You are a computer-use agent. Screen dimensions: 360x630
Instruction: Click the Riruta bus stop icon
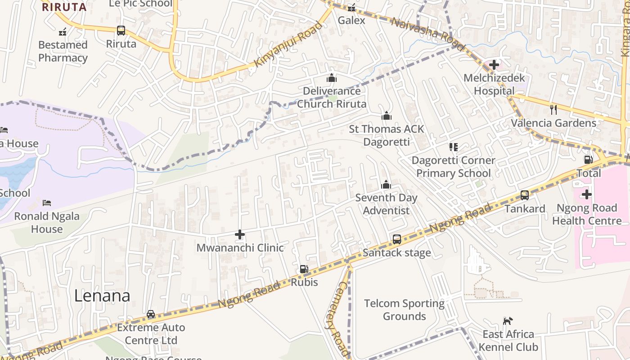[x=121, y=31]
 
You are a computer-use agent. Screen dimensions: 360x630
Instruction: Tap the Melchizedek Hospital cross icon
[x=494, y=65]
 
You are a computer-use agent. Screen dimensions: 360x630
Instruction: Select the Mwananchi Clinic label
[x=240, y=247]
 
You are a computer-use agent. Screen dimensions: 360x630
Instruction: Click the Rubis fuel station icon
[x=304, y=269]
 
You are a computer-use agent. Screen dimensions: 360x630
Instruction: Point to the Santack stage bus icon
[x=396, y=239]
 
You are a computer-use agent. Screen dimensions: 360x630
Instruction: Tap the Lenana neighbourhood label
[x=102, y=296]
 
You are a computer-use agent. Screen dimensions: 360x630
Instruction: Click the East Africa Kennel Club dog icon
[x=508, y=321]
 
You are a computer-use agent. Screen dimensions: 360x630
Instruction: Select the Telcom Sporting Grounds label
[x=404, y=310]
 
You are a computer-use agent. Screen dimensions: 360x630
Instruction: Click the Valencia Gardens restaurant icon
[x=553, y=109]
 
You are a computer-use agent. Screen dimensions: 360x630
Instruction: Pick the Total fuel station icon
[x=588, y=160]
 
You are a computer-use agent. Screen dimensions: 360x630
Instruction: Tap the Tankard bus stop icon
[x=524, y=195]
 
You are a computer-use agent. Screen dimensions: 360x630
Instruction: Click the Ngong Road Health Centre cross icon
[x=586, y=194]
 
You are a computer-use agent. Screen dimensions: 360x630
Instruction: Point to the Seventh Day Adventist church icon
[x=386, y=184]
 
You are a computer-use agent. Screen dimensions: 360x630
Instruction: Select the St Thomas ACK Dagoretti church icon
[x=386, y=116]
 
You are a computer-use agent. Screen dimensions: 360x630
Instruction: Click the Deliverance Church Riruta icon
[x=332, y=78]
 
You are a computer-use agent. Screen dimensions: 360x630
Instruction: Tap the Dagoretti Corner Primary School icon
[x=453, y=147]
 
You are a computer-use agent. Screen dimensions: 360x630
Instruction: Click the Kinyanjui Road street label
[x=288, y=44]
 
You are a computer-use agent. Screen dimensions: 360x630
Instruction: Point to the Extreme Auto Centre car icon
[x=151, y=314]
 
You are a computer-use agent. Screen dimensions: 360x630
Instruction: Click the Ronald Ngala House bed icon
[x=46, y=203]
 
